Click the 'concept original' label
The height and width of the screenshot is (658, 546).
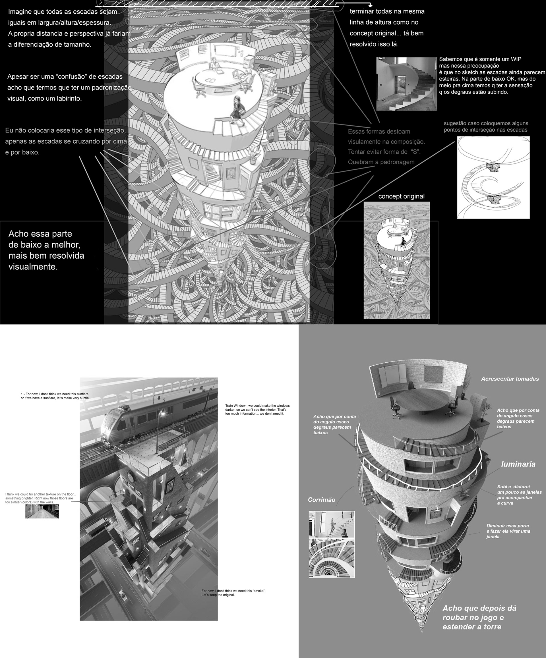[x=401, y=196]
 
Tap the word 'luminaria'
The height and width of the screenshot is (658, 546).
[x=518, y=464]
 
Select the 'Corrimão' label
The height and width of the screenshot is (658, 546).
[x=321, y=500]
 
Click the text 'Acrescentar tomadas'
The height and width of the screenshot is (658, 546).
[x=510, y=379]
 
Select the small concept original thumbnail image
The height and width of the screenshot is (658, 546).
[x=396, y=260]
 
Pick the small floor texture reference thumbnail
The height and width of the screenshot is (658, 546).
[x=42, y=511]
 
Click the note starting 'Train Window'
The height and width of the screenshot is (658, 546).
[x=257, y=410]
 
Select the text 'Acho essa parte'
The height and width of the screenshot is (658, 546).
[x=40, y=234]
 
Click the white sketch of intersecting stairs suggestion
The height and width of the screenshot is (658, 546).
[x=493, y=177]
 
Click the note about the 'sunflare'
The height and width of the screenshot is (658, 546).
[x=55, y=396]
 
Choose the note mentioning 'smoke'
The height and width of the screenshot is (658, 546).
[x=233, y=593]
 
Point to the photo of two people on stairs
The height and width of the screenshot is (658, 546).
[x=332, y=524]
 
